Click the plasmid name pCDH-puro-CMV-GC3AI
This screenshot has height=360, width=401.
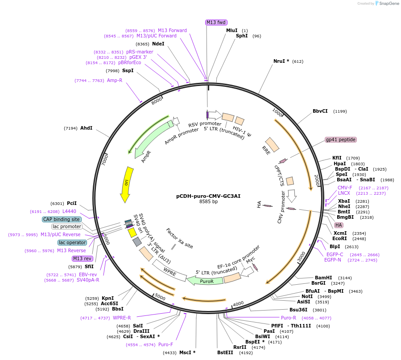tap(208, 196)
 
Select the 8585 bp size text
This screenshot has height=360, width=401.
tap(208, 202)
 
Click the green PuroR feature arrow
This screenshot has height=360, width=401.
tap(204, 281)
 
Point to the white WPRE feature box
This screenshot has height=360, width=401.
tap(169, 270)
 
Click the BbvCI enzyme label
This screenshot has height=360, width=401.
tap(320, 111)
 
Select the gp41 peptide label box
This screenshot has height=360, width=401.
tap(341, 139)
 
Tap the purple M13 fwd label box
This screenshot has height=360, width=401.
tap(216, 22)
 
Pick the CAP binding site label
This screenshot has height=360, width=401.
tap(62, 219)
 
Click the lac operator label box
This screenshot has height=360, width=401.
tap(71, 242)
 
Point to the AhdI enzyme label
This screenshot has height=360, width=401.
tap(86, 128)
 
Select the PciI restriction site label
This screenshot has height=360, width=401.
tap(72, 203)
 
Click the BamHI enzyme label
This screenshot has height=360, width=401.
tap(323, 277)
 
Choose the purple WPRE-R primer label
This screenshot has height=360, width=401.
tap(122, 318)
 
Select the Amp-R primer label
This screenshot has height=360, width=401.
tap(115, 80)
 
